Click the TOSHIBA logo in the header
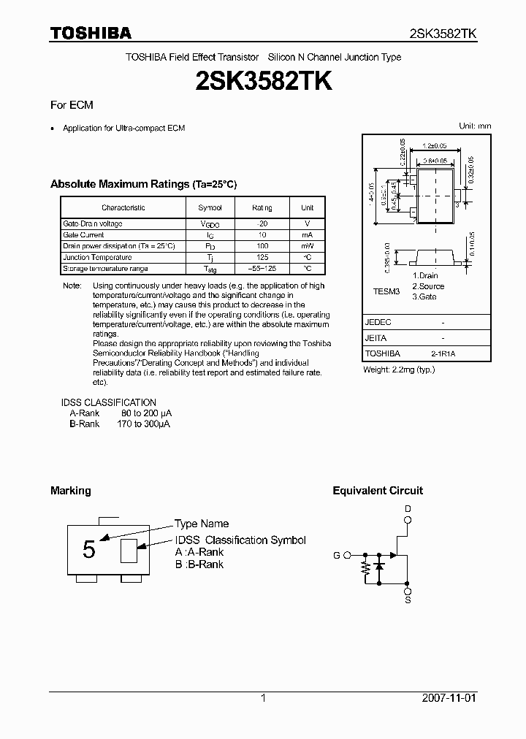91,33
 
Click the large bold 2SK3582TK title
263,81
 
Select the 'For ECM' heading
72,105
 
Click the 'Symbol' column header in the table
210,208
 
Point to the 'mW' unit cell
308,246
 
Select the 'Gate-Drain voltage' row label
93,223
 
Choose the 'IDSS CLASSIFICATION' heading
108,402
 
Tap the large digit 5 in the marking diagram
89,550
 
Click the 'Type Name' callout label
202,524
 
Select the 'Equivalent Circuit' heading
378,491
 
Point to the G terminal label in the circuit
337,555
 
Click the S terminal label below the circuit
408,600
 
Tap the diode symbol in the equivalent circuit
378,566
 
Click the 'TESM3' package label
386,291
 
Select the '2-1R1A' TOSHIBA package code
443,353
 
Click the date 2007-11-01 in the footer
449,698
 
